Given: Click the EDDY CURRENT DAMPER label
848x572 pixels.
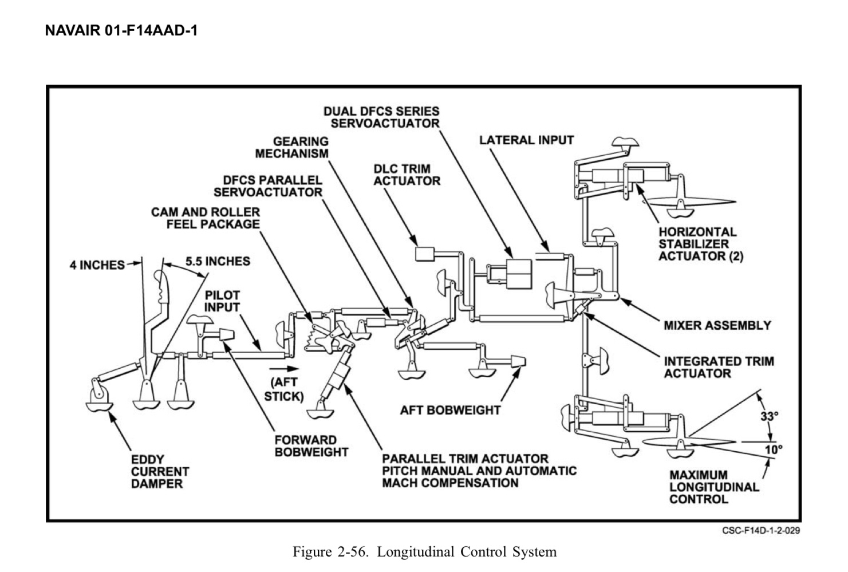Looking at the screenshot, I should [x=160, y=471].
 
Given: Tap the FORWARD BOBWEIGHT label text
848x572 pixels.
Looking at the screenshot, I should [x=311, y=446].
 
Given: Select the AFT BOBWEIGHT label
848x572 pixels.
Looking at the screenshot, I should [x=450, y=410].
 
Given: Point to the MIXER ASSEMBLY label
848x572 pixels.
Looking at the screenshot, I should [x=717, y=325].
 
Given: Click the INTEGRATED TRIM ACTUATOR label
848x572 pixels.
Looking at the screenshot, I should [x=719, y=367].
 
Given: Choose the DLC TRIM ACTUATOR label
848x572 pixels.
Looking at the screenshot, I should [x=407, y=175].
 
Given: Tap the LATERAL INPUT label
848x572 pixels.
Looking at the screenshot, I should [x=526, y=140].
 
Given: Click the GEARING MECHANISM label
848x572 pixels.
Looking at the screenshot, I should [x=292, y=147].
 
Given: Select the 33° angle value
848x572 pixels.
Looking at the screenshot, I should [x=769, y=416].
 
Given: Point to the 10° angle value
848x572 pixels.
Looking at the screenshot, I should [x=773, y=449].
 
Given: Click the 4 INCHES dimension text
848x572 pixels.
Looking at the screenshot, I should [x=97, y=265].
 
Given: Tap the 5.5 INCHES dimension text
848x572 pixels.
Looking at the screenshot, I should [x=218, y=261].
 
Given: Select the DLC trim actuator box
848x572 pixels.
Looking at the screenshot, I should [x=426, y=254].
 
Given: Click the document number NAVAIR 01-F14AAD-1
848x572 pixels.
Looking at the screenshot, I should [x=121, y=31].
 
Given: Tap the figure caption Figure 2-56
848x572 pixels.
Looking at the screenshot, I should [x=424, y=552].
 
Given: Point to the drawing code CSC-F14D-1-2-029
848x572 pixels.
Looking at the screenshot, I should [x=761, y=530].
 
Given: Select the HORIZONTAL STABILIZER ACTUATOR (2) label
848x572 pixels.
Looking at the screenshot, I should [x=700, y=244].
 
